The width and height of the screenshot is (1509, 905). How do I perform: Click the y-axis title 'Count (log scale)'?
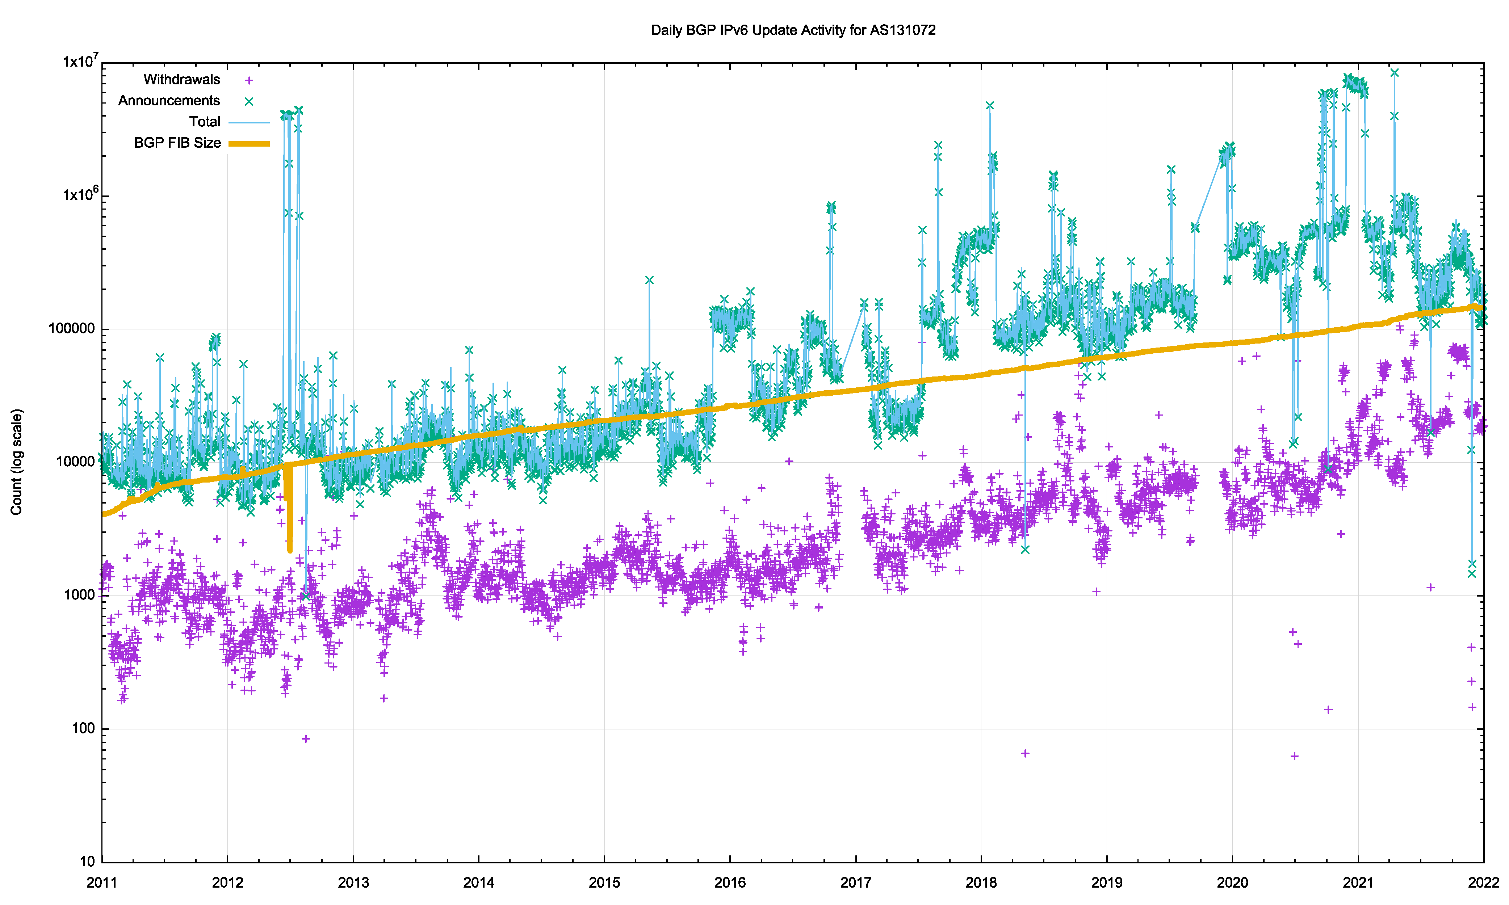pos(16,462)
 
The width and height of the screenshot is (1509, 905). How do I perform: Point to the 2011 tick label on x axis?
pos(102,883)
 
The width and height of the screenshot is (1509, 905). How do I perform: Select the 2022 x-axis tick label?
pos(1483,883)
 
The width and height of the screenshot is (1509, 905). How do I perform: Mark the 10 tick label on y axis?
pos(87,862)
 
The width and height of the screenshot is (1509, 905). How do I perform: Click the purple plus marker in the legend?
pos(249,80)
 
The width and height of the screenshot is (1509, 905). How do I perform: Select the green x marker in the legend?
pos(249,102)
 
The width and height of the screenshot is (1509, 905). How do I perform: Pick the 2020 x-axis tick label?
pos(1232,883)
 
